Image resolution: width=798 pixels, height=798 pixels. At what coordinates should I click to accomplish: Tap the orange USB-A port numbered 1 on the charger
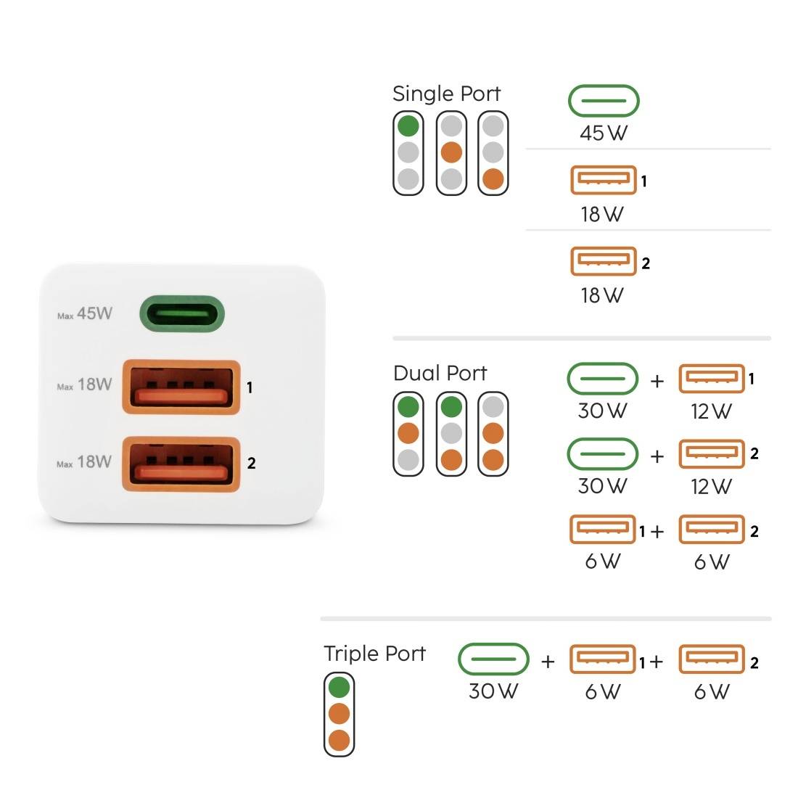tap(181, 387)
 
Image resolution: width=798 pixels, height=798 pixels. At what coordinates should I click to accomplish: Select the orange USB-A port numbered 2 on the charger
tap(181, 464)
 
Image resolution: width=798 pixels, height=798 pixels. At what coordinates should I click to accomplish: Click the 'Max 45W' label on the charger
tap(85, 314)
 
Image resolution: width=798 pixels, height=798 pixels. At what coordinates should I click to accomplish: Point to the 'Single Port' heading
tap(446, 94)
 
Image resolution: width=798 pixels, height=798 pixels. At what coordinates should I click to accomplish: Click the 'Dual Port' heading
tap(440, 373)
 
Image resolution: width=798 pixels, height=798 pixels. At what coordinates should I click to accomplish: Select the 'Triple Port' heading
tap(374, 653)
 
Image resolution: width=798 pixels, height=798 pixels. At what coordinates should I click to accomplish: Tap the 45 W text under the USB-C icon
tap(603, 133)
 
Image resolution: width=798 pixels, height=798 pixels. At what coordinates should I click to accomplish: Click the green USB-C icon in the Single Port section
tap(603, 101)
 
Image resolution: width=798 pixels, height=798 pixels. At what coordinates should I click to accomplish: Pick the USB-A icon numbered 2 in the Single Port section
tap(603, 262)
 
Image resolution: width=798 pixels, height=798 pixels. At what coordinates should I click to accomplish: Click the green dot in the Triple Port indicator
tap(339, 686)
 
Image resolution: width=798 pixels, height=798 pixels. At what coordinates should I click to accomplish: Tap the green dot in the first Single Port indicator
tap(408, 126)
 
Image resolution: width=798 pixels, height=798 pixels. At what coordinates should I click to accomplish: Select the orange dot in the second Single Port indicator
tap(451, 152)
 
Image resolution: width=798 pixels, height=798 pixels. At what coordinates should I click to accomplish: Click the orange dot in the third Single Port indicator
tap(493, 178)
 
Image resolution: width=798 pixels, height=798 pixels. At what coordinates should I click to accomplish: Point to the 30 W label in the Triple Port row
tap(493, 691)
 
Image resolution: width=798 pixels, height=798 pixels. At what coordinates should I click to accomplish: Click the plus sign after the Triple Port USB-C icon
tap(548, 661)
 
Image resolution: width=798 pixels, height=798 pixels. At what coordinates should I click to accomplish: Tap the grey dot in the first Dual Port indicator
tap(408, 459)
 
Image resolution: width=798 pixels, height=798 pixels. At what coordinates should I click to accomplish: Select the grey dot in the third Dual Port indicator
tap(493, 406)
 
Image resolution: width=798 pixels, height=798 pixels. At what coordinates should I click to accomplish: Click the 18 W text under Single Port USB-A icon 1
tap(602, 215)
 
